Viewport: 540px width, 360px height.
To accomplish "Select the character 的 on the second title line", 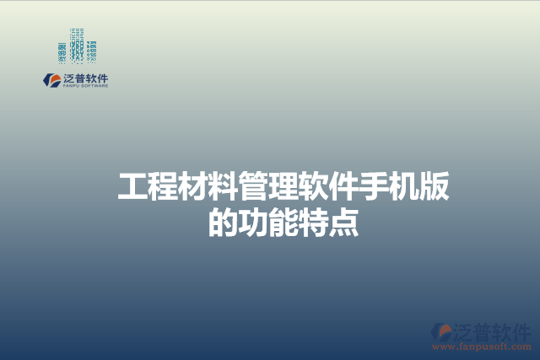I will [224, 222].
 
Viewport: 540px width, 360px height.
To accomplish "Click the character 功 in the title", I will [254, 222].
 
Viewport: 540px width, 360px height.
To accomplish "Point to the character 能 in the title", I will [284, 222].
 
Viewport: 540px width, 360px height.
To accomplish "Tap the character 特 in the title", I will [315, 222].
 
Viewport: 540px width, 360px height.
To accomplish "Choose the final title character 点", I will [344, 222].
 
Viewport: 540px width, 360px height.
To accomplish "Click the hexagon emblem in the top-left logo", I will [51, 80].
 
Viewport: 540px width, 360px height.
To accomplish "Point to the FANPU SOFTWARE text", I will [86, 86].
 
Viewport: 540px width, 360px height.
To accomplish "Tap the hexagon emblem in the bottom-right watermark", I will [441, 331].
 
